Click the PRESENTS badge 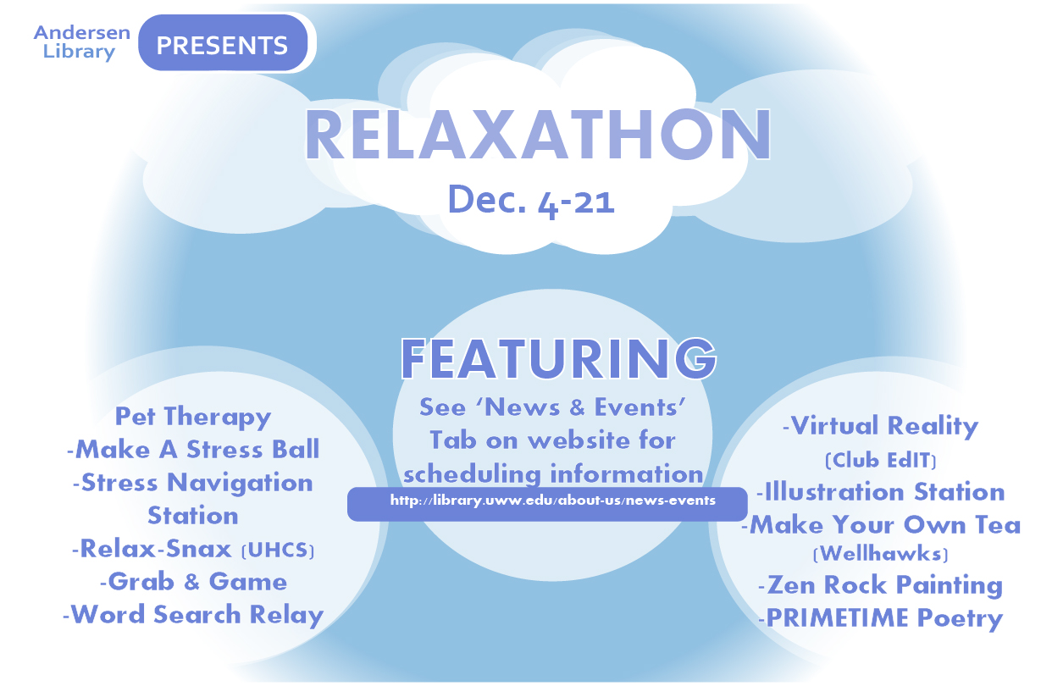coord(223,43)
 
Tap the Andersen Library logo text coord(82,42)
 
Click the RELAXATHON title coord(538,135)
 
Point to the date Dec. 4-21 coord(531,201)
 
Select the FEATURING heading coord(558,359)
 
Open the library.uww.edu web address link coord(553,501)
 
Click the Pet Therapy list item coord(193,417)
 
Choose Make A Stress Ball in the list coord(193,450)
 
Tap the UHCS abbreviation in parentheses coord(278,550)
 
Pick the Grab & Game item coord(193,582)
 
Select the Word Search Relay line coord(193,615)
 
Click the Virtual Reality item coord(881,426)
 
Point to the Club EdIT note coord(881,460)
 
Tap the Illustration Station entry coord(881,491)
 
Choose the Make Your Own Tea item coord(881,524)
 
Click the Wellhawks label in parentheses coord(881,554)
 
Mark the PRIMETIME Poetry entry coord(881,618)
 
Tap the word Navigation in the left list coord(240,484)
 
